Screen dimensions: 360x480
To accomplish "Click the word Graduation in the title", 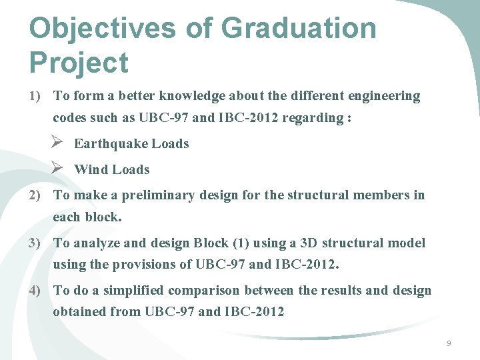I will (x=298, y=29).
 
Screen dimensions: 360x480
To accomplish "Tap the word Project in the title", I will (x=79, y=63).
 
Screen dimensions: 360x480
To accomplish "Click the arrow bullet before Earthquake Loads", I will (x=57, y=143).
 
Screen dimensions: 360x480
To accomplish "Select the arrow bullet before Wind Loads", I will (x=57, y=169).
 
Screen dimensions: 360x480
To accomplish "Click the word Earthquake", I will (x=111, y=144).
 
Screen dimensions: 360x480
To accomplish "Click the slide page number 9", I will (x=449, y=343).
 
